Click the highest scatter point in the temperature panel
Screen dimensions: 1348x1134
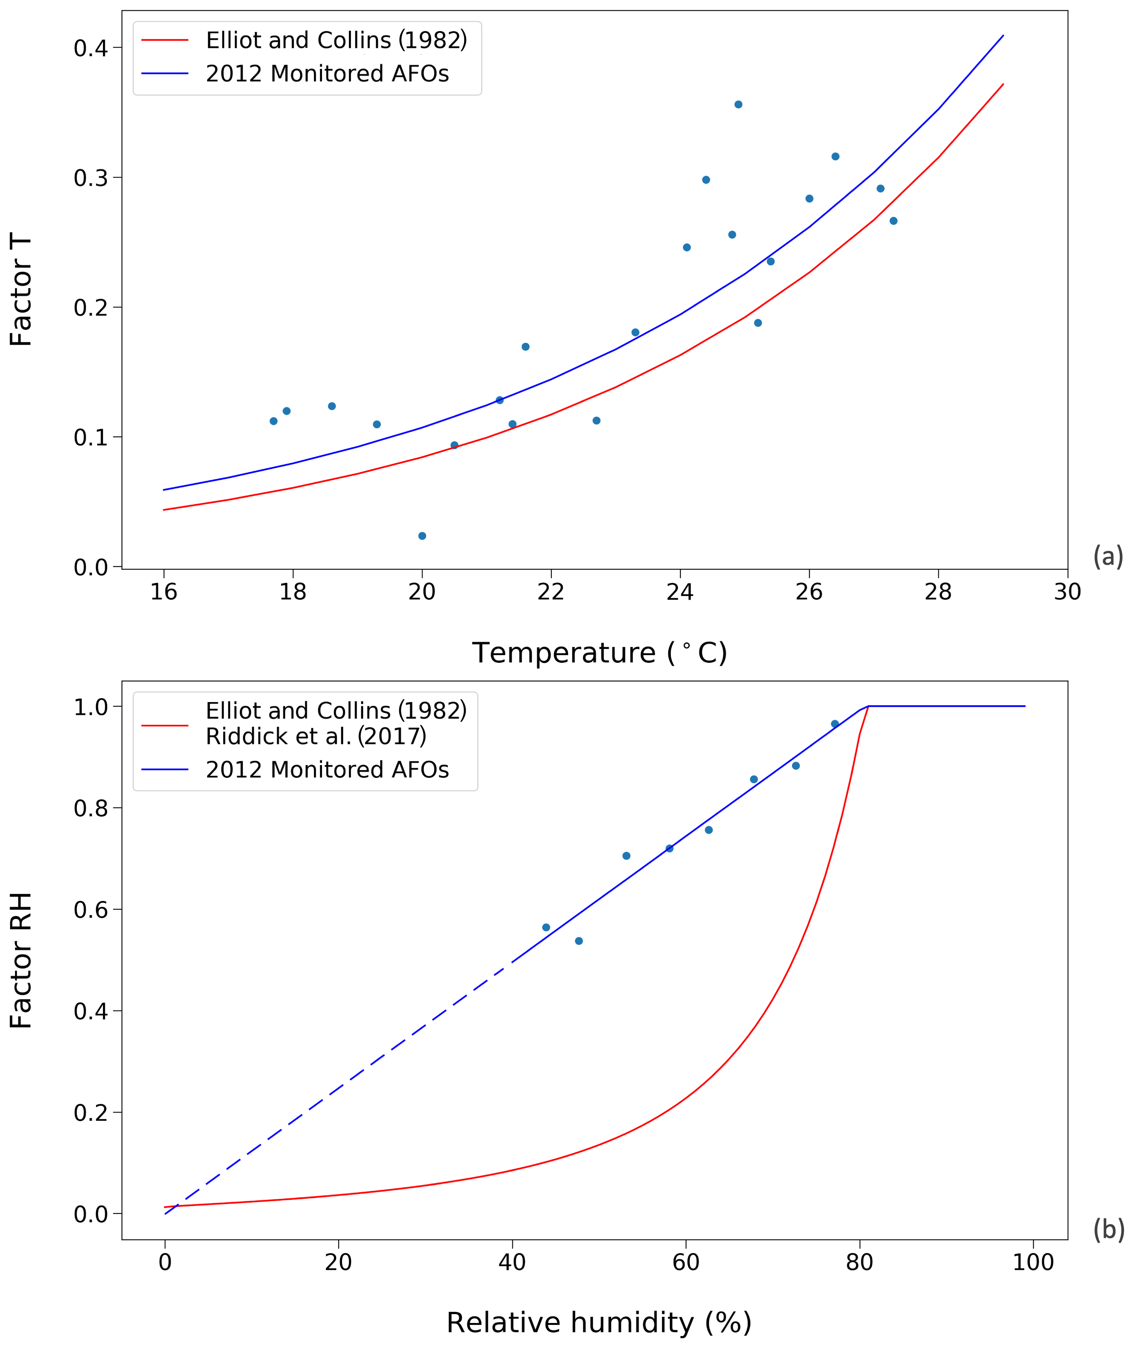(x=738, y=104)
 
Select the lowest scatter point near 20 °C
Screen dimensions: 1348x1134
(x=422, y=536)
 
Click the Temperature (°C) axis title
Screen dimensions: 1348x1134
(x=599, y=653)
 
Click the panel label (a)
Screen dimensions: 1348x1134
(x=1107, y=556)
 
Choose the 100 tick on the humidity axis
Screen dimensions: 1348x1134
(x=1033, y=1263)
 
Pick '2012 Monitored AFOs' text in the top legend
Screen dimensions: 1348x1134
(x=327, y=74)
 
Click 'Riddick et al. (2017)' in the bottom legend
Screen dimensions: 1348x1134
(x=315, y=736)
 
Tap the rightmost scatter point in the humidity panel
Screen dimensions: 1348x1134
(x=834, y=724)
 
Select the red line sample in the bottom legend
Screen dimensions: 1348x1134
(x=164, y=725)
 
